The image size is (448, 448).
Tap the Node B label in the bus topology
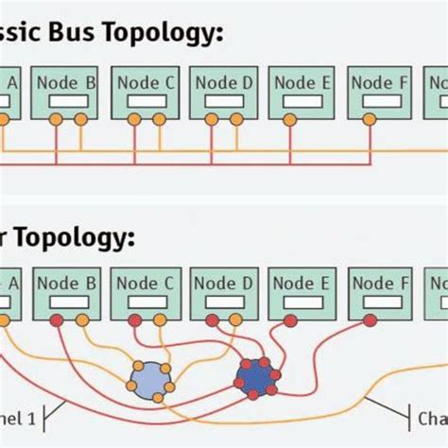66,82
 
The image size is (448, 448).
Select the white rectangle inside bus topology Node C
146,100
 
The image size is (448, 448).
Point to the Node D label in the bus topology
223,82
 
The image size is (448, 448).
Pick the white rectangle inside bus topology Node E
301,100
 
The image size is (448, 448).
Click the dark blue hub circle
255,376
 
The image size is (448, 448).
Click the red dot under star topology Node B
57,321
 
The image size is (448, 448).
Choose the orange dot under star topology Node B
81,321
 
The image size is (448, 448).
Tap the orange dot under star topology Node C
160,321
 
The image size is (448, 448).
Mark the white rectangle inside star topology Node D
223,302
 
